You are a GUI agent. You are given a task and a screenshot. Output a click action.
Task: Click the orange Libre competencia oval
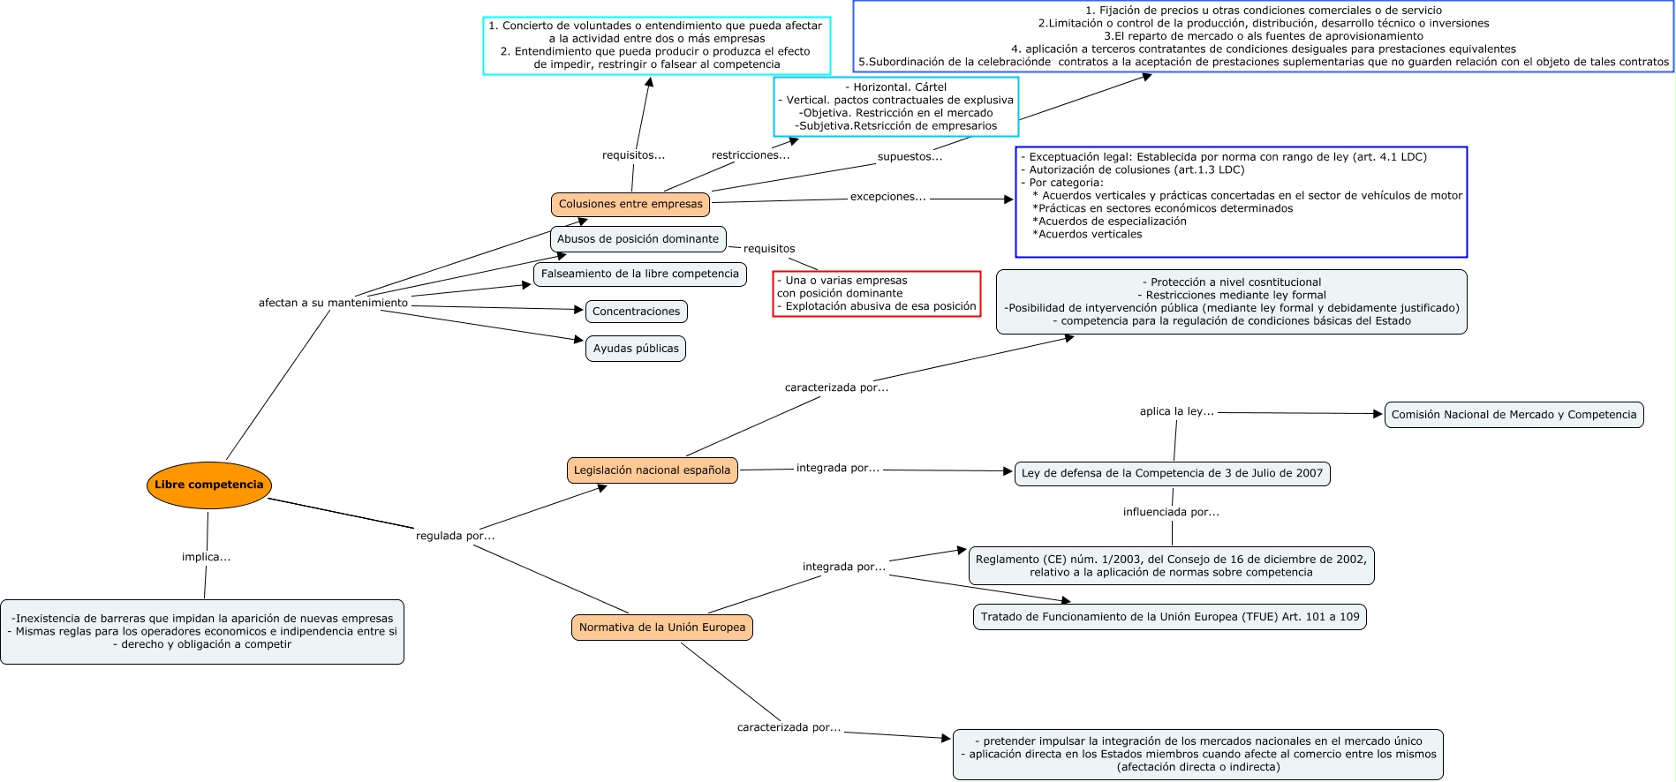pos(208,485)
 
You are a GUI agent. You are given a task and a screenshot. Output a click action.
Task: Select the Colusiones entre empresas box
pos(630,204)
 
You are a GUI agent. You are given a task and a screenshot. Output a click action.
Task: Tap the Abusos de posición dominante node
pos(638,239)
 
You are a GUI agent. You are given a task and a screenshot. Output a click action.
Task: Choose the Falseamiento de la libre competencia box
pos(639,274)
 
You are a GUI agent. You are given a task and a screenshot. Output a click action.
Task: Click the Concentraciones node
pos(636,312)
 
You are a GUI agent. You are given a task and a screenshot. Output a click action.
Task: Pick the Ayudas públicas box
pos(636,349)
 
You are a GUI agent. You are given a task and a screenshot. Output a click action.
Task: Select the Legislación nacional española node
pos(652,470)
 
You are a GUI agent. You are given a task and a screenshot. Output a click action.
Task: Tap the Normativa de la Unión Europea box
pos(661,628)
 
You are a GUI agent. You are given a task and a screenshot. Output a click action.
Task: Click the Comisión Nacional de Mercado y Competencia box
pos(1514,415)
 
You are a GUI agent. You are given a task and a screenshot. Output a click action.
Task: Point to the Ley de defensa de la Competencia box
pos(1172,473)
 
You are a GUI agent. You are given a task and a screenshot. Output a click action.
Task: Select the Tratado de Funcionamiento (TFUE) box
pos(1169,617)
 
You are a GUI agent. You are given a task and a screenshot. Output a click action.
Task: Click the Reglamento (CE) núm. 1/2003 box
pos(1171,566)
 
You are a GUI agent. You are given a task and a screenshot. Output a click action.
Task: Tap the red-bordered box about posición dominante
pos(876,294)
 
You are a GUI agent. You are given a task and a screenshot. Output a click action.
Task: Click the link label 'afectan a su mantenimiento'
pos(333,303)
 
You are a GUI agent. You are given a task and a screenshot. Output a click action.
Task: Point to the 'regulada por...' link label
pos(455,536)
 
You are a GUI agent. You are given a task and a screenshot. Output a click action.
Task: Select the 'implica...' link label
pos(206,557)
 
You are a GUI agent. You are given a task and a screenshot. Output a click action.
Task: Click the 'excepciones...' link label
pos(887,197)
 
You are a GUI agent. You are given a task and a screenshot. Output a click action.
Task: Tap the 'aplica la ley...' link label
pos(1176,411)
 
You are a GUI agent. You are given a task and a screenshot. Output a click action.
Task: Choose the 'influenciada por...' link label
pos(1171,512)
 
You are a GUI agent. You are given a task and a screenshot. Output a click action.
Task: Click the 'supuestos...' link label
pos(910,157)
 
